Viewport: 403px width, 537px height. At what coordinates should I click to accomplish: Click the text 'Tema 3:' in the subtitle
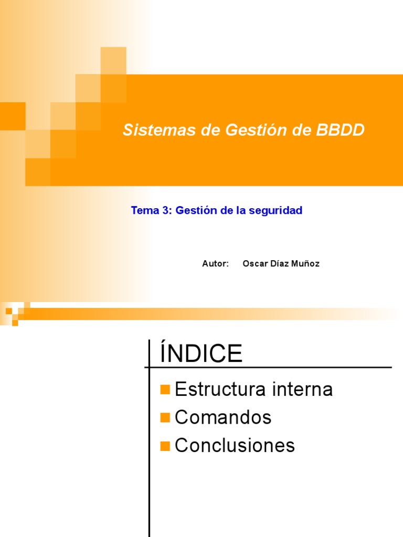tap(151, 211)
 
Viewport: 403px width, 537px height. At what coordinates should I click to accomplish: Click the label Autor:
tap(215, 264)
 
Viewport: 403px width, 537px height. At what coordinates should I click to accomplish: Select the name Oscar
tap(254, 264)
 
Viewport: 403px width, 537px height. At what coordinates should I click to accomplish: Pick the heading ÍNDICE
tap(201, 354)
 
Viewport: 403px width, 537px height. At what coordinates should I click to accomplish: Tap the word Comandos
tap(223, 417)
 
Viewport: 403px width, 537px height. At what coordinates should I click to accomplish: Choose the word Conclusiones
tap(235, 445)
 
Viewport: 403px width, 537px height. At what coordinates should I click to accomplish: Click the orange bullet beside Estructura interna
tap(165, 390)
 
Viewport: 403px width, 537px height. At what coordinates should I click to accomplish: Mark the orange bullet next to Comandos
tap(165, 418)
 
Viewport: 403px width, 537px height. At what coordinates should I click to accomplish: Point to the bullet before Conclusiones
tap(165, 446)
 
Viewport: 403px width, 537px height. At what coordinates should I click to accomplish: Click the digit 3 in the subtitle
tap(166, 211)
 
